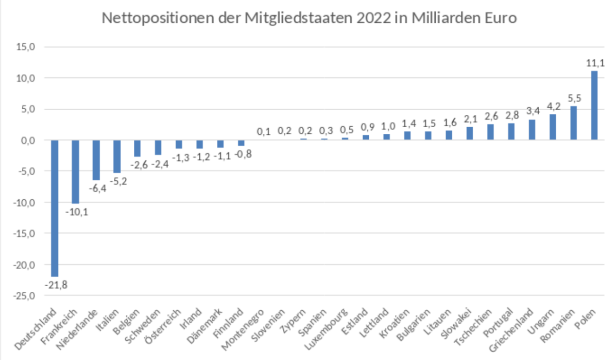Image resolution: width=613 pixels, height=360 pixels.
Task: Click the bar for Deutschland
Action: tap(54, 208)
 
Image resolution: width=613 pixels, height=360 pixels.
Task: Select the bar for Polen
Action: tap(594, 105)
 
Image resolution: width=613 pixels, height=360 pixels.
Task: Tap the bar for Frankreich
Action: tap(75, 171)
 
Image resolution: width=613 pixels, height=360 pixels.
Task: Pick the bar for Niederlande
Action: tap(96, 160)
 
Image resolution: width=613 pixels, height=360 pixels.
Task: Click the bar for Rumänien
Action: tap(573, 123)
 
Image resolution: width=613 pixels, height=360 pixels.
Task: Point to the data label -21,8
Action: tap(56, 285)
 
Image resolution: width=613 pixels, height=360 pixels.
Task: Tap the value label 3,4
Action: tap(532, 111)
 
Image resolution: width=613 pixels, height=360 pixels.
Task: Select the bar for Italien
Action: tap(117, 156)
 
